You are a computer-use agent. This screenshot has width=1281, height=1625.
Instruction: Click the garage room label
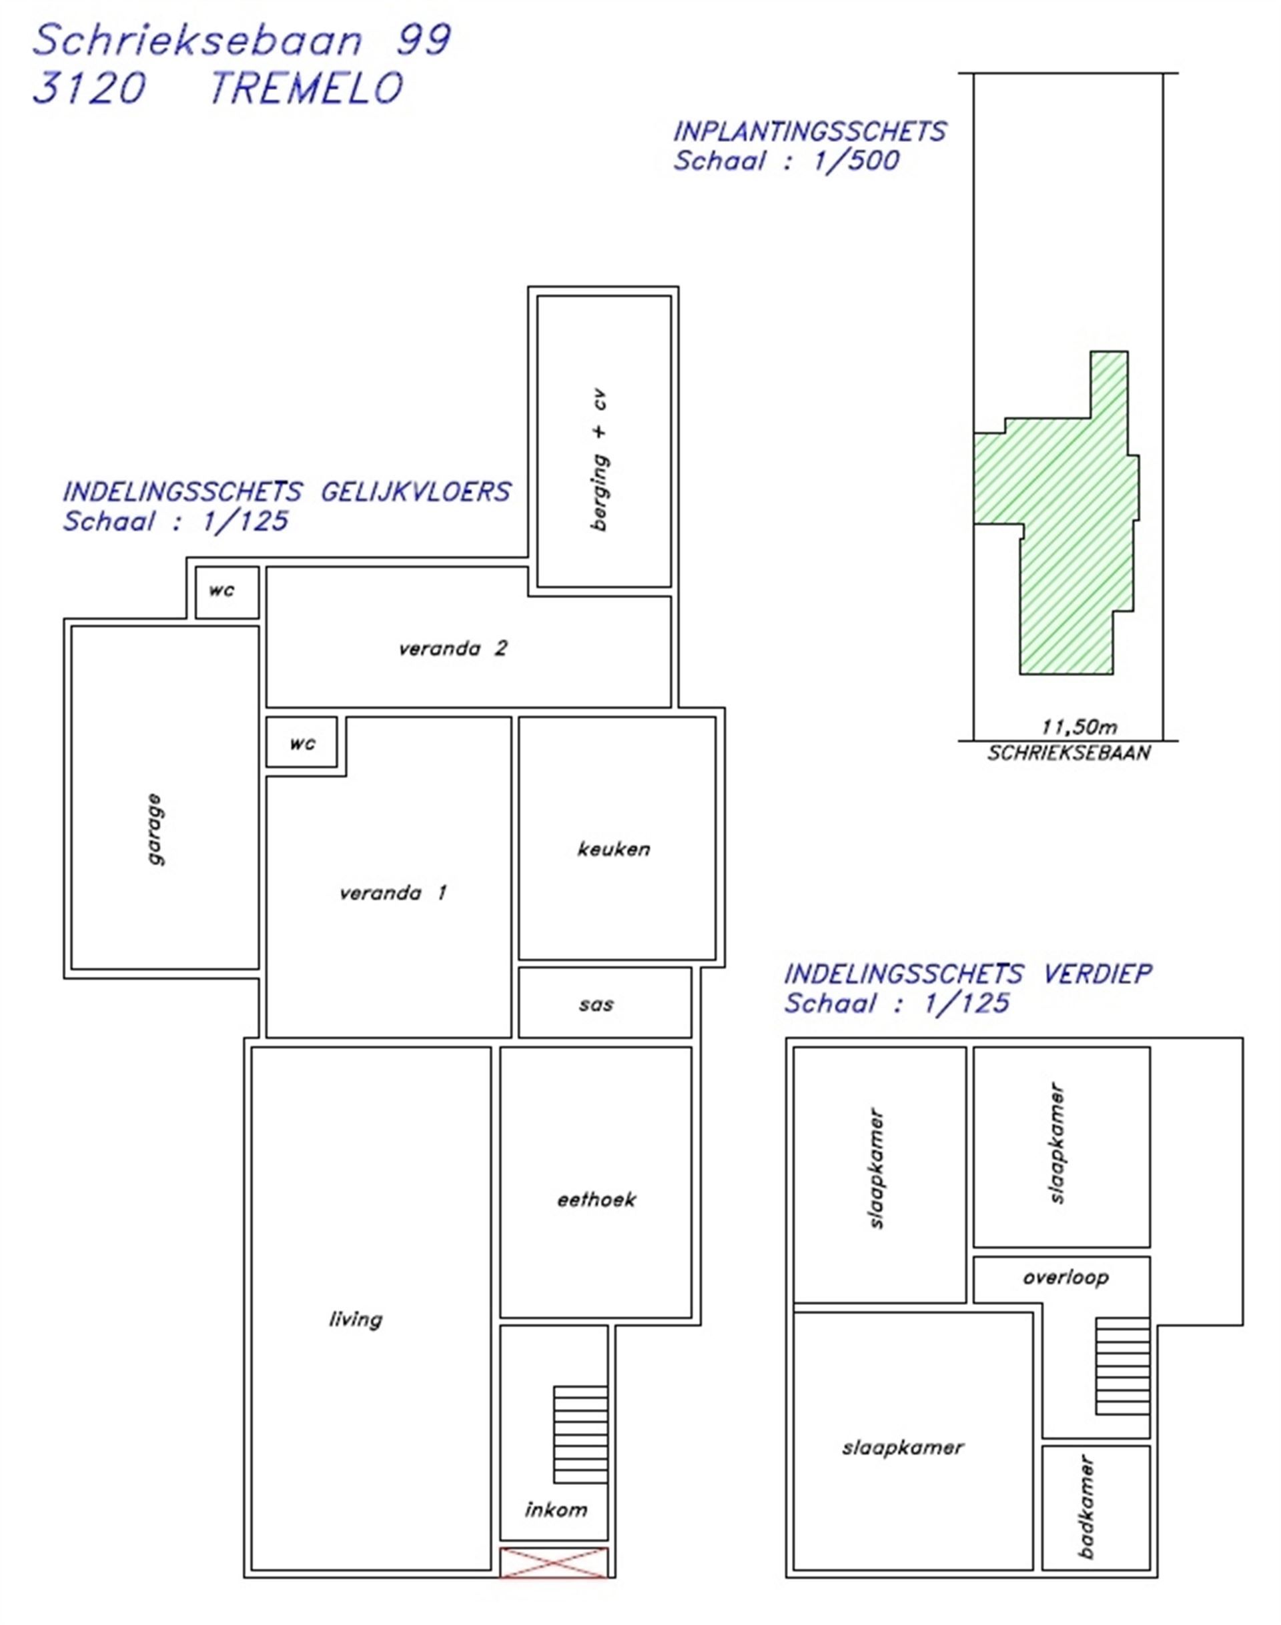point(156,829)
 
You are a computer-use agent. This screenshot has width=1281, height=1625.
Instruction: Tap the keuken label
point(614,850)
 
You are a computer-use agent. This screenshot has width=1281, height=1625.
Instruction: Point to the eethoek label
point(596,1200)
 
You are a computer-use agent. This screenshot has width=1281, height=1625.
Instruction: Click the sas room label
point(596,1004)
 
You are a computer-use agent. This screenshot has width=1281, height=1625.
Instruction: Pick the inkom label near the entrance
point(556,1509)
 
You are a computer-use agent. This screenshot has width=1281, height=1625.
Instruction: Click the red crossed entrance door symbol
point(554,1563)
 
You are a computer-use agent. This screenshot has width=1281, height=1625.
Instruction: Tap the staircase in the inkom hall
point(580,1434)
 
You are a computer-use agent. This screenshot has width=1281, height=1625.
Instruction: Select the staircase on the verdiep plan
point(1123,1366)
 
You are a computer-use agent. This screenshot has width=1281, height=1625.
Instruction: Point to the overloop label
point(1065,1278)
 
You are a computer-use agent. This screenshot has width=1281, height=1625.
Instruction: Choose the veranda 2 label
point(453,648)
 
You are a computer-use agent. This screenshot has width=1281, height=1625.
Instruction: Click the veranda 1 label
point(393,893)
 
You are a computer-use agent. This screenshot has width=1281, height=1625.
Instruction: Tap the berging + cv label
point(600,459)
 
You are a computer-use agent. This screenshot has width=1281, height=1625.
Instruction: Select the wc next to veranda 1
point(302,743)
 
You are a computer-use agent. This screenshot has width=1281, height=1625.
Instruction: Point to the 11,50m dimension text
point(1080,726)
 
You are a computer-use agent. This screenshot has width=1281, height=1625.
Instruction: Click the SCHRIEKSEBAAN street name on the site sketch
point(1069,753)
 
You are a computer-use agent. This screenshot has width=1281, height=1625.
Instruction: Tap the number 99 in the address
point(424,40)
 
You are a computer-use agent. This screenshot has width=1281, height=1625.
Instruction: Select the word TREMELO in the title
point(307,88)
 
